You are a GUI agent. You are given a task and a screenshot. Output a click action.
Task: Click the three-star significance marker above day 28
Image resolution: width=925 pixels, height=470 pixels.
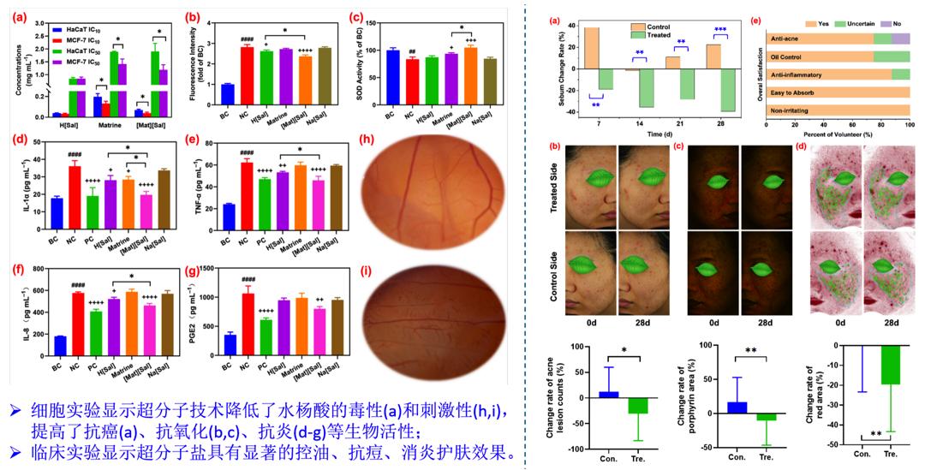(x=720, y=29)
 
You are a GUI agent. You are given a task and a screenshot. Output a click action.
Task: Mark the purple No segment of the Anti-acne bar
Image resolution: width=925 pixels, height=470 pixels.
(x=901, y=39)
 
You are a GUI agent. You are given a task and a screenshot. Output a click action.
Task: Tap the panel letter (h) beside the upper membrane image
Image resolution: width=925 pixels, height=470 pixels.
(x=367, y=141)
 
